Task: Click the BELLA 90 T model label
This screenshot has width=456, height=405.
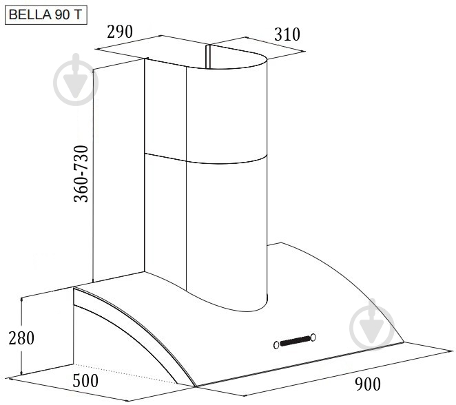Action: pos(46,15)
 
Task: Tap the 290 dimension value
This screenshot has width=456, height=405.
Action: pos(120,32)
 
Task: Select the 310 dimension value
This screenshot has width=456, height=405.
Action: pos(287,34)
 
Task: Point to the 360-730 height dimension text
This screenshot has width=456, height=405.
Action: pos(81,174)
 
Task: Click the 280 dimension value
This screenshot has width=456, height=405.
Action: pos(21,337)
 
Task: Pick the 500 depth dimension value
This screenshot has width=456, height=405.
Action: pos(85,381)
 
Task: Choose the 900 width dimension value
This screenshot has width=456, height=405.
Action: pos(368,384)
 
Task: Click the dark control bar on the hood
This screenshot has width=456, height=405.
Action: pos(295,341)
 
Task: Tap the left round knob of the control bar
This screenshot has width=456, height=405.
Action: pos(276,345)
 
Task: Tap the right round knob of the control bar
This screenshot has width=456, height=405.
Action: pos(313,337)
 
